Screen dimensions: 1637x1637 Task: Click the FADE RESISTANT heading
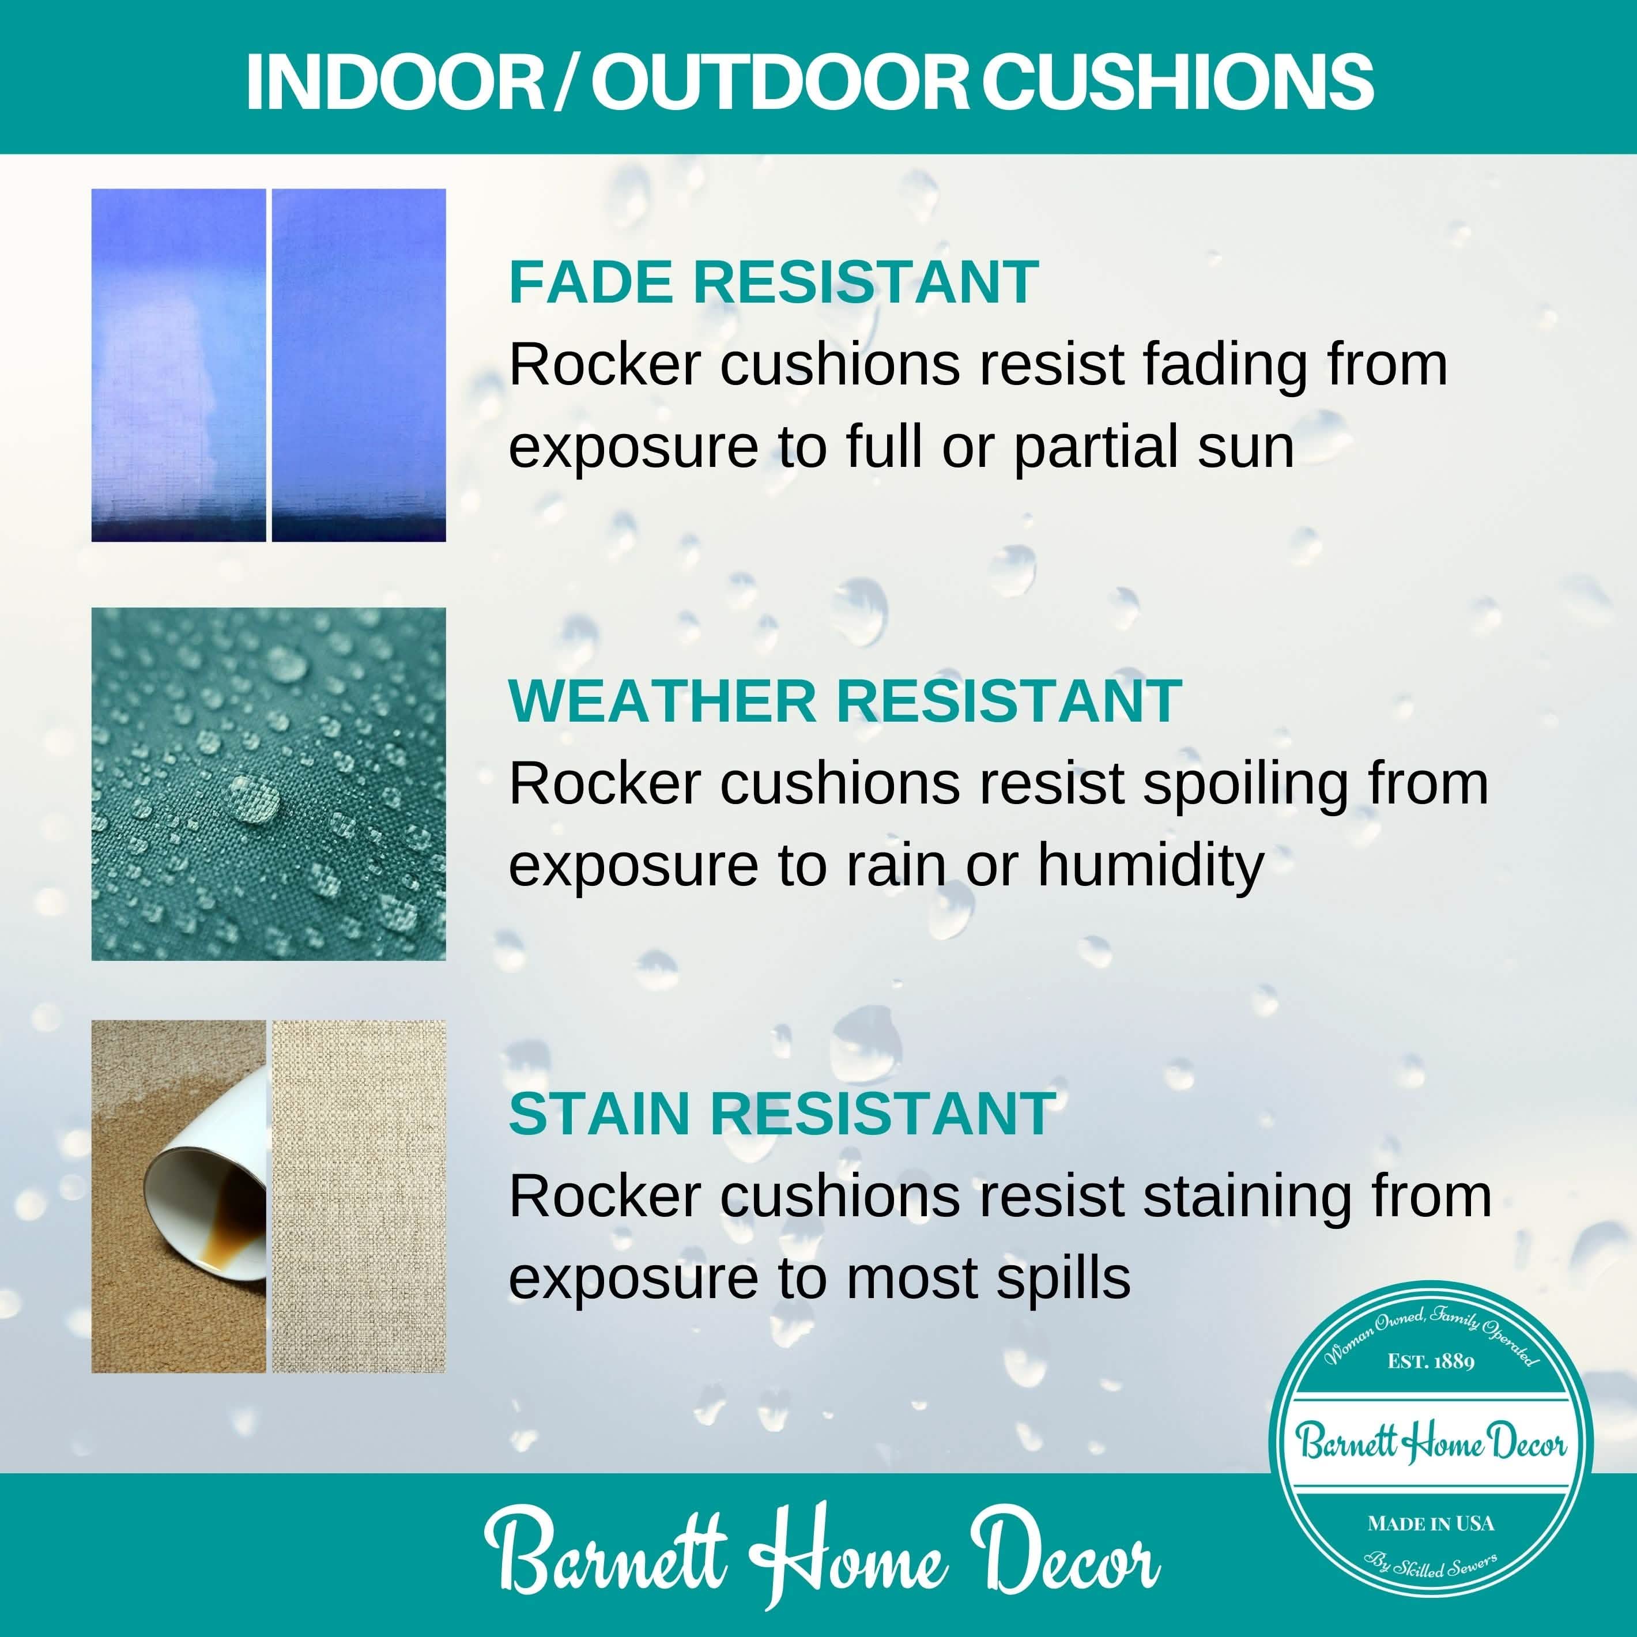773,282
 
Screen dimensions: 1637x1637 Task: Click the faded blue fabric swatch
178,364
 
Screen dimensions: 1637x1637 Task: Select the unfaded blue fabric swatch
359,364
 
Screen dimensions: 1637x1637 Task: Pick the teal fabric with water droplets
269,784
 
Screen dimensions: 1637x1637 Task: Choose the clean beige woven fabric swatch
359,1197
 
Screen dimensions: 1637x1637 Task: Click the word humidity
1151,866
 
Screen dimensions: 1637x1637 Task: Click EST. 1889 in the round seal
1431,1361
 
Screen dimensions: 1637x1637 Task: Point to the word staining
1248,1197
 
